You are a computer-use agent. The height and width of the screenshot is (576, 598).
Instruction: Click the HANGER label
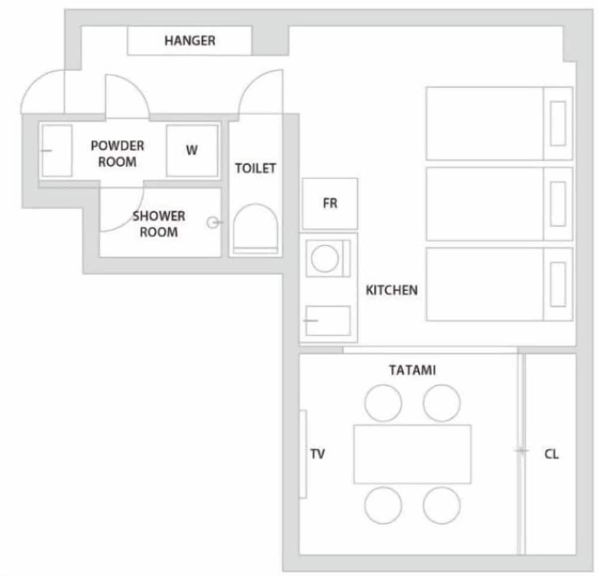(x=190, y=41)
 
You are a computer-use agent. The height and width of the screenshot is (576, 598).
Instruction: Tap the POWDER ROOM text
(x=117, y=153)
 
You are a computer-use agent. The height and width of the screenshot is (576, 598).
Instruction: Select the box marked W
(x=191, y=150)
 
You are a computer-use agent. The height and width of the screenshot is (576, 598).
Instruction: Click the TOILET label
(x=255, y=168)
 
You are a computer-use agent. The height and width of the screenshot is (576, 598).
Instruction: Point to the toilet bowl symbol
(x=255, y=228)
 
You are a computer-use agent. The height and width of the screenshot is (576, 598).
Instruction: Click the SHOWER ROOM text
(x=158, y=223)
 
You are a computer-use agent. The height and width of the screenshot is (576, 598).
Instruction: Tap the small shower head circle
(x=212, y=223)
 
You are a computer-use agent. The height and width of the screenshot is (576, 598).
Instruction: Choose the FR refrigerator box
(x=330, y=204)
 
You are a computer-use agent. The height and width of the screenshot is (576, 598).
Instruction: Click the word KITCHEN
(x=392, y=290)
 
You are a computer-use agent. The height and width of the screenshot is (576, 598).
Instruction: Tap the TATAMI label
(x=412, y=370)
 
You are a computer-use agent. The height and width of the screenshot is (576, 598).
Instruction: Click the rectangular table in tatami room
(x=412, y=453)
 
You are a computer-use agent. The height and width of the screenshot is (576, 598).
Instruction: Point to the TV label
(x=318, y=454)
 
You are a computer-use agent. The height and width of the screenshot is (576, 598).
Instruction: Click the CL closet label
(x=551, y=454)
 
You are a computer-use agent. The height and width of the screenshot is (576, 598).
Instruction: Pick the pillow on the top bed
(x=557, y=123)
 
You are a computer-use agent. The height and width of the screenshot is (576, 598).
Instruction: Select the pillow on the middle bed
(x=557, y=204)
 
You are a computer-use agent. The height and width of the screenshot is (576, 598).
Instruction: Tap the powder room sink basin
(x=57, y=150)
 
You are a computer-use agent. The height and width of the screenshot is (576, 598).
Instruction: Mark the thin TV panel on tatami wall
(x=303, y=454)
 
